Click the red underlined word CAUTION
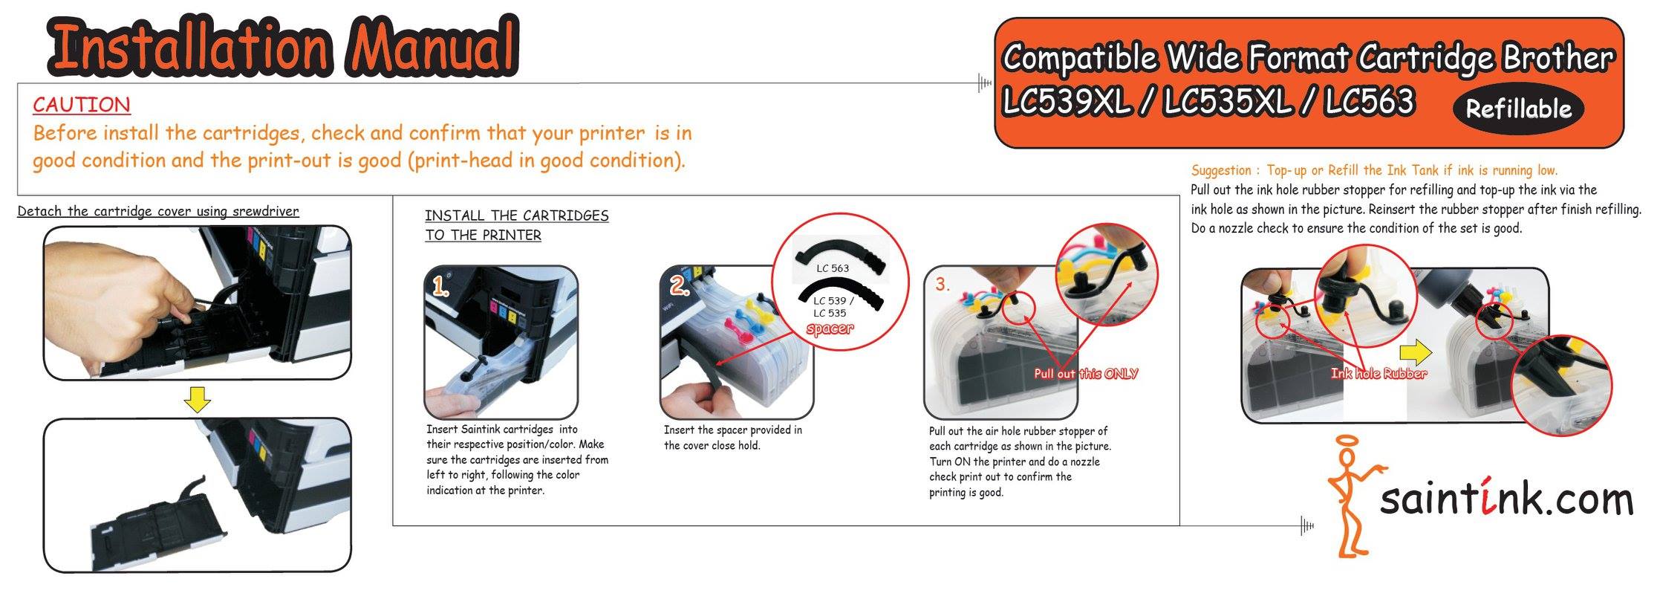tap(82, 105)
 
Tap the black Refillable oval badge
tap(1517, 109)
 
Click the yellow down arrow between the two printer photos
tap(198, 401)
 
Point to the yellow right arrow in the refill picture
tap(1415, 353)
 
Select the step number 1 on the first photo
tap(441, 288)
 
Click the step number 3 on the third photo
tap(943, 285)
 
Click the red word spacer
tap(830, 328)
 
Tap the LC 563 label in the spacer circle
tap(832, 268)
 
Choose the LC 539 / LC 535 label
tap(833, 307)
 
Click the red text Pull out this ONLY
tap(1086, 374)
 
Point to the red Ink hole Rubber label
tap(1379, 374)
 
